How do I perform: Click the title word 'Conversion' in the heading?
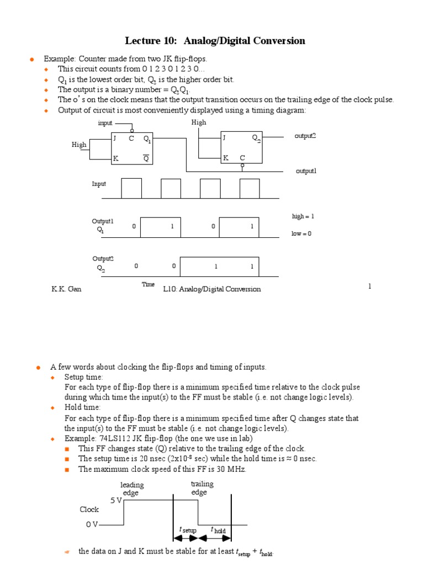278,41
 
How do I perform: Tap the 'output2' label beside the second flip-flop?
305,136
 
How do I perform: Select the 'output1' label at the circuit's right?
306,171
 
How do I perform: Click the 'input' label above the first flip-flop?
105,122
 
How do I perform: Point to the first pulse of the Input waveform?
131,188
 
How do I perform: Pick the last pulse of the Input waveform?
249,188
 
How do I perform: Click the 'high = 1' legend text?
303,216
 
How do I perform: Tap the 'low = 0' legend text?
301,233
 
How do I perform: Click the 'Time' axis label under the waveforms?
148,284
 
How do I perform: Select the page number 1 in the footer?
370,286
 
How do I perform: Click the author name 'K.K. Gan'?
66,289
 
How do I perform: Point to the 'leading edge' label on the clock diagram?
131,489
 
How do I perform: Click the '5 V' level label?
116,500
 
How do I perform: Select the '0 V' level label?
92,525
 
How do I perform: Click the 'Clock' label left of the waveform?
89,510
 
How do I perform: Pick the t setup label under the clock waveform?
188,529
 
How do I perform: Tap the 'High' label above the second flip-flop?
199,122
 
